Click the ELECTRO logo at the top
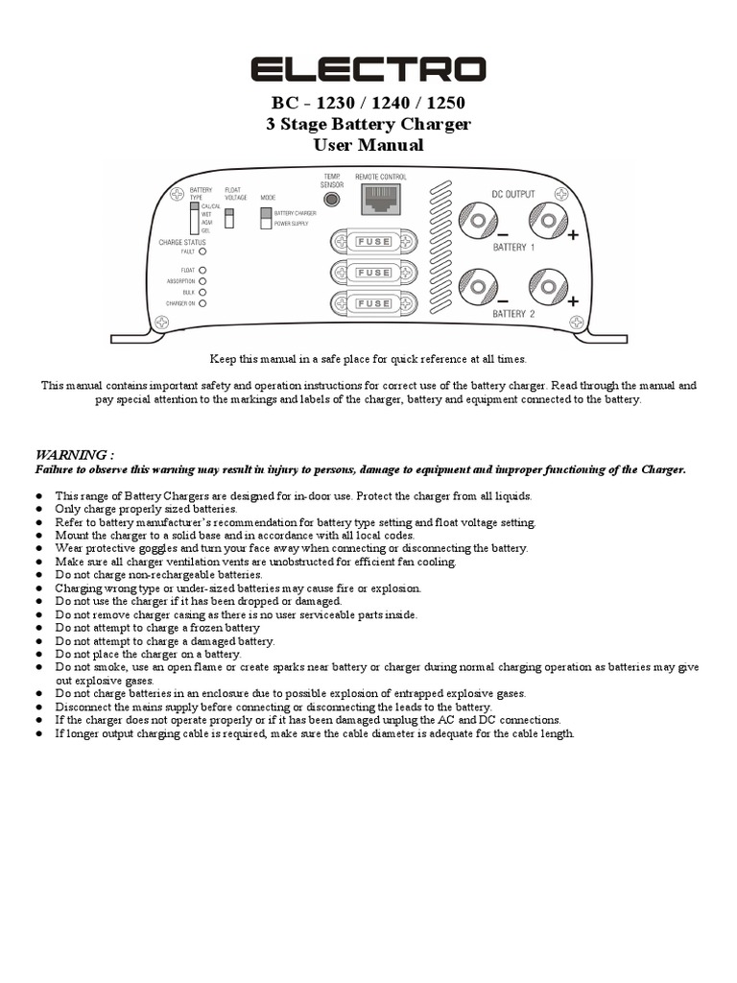(x=368, y=70)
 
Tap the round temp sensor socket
(x=332, y=200)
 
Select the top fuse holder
(x=373, y=241)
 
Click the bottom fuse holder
(x=373, y=304)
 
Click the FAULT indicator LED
(x=202, y=252)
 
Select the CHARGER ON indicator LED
(x=202, y=303)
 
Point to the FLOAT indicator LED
(x=202, y=271)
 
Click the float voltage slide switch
(x=228, y=217)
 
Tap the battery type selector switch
(x=194, y=218)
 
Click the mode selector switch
(x=266, y=217)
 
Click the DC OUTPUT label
(x=513, y=193)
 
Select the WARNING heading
(x=75, y=454)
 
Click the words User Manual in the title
(x=368, y=146)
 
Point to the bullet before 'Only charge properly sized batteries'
(x=39, y=509)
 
